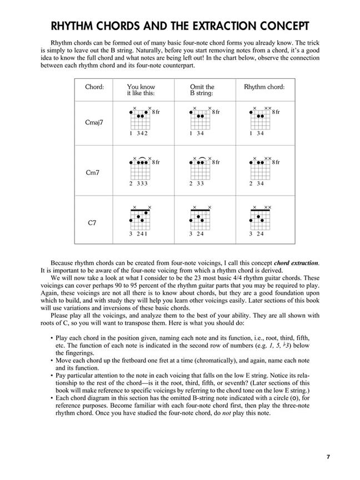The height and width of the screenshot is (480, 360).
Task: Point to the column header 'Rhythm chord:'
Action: (264, 87)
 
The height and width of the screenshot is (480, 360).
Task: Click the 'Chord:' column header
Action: (94, 87)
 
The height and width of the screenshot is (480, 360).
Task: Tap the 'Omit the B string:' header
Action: (202, 90)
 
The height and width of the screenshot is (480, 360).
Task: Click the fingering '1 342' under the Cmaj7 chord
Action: (138, 134)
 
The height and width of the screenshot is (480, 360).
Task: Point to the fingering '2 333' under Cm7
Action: (138, 183)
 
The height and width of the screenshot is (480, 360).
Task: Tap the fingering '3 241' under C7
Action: (138, 234)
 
